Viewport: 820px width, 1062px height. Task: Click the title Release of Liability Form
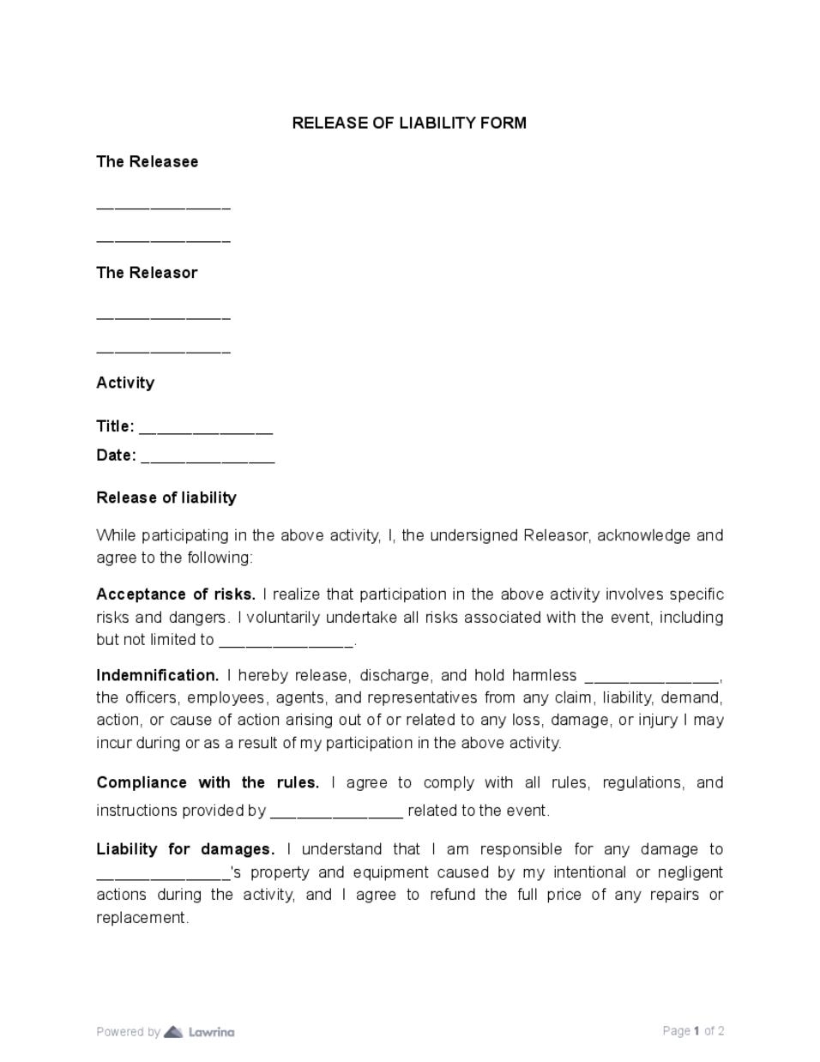click(x=409, y=123)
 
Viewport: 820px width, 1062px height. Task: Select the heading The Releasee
click(x=147, y=161)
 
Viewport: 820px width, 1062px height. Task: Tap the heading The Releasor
click(x=147, y=272)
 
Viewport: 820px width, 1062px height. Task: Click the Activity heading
click(x=125, y=383)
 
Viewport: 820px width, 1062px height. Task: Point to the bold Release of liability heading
click(x=166, y=498)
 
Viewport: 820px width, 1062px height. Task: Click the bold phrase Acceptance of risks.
click(x=176, y=594)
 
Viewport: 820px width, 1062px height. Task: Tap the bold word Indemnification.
click(x=158, y=675)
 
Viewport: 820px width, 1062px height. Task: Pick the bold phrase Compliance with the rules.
click(x=208, y=782)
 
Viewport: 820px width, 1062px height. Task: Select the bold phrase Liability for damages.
click(x=185, y=849)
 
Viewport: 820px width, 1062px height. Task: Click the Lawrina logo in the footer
click(x=200, y=1031)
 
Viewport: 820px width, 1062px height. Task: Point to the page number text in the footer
click(x=693, y=1031)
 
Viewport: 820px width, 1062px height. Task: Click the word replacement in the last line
click(x=142, y=917)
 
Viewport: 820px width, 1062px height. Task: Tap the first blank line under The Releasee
click(x=163, y=208)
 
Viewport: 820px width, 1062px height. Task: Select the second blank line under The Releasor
click(x=163, y=352)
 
